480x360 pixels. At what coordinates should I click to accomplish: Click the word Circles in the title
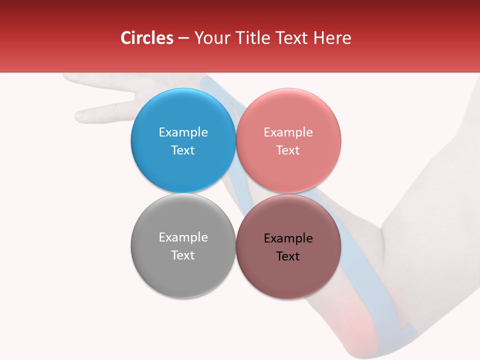tap(146, 38)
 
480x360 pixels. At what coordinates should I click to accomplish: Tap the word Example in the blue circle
tap(183, 132)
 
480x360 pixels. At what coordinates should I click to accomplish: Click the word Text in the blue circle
tap(183, 150)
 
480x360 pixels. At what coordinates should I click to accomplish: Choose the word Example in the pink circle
tap(288, 132)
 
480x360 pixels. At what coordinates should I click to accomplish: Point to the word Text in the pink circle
tap(288, 150)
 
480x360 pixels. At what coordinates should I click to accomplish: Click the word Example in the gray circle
tap(183, 237)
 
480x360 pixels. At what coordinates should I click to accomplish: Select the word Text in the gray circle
tap(183, 255)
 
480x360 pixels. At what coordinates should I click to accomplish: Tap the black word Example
tap(288, 238)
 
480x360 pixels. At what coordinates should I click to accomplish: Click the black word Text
tap(288, 256)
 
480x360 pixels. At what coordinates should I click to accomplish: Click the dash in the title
tap(183, 38)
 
